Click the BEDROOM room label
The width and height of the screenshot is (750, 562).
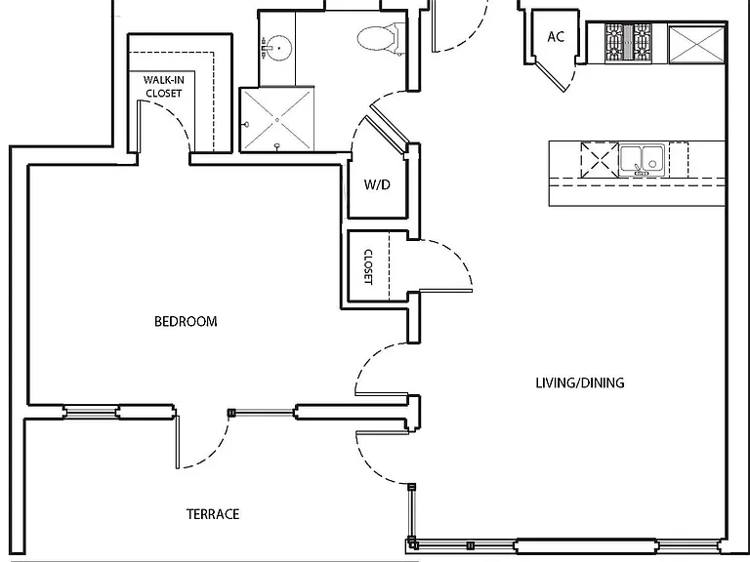click(x=186, y=321)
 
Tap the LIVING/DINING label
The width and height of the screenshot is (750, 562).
click(x=580, y=382)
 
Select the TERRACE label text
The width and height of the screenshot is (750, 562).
click(x=213, y=514)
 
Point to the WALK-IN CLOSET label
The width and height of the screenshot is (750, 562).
click(x=164, y=87)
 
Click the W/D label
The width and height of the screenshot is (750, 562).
click(x=377, y=184)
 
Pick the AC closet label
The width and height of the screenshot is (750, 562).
click(x=556, y=37)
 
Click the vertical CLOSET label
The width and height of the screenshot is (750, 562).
click(x=368, y=266)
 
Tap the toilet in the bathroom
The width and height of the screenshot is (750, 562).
click(x=380, y=37)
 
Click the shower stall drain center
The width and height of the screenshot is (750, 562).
click(x=277, y=119)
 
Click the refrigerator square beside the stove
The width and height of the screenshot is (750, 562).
click(x=696, y=45)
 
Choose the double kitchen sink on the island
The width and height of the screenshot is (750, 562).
click(x=642, y=160)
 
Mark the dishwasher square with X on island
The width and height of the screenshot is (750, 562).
click(x=600, y=160)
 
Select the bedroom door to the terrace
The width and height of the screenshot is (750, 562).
click(x=178, y=442)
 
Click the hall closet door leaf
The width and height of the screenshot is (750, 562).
click(x=445, y=290)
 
